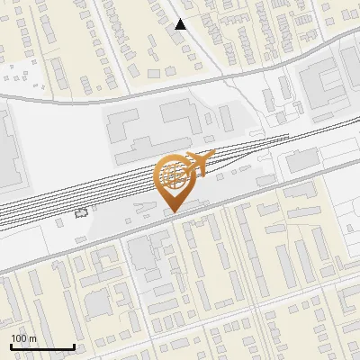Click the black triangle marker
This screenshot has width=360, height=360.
pyautogui.click(x=181, y=24)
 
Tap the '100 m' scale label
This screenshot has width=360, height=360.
pyautogui.click(x=23, y=338)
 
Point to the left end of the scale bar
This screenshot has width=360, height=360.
pyautogui.click(x=10, y=346)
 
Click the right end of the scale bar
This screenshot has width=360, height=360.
pyautogui.click(x=74, y=346)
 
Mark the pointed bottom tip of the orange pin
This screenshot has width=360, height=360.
pyautogui.click(x=173, y=211)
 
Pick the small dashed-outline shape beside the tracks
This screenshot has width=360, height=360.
pyautogui.click(x=83, y=213)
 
